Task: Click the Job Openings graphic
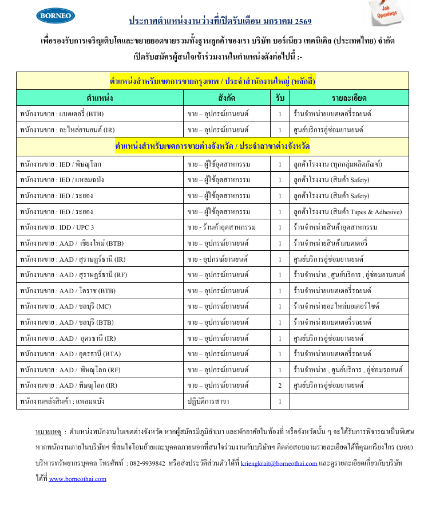[391, 13]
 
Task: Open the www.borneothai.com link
[77, 479]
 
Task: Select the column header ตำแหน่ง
[100, 97]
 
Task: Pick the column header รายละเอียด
[349, 97]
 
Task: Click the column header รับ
[280, 97]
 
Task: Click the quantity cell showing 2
[280, 385]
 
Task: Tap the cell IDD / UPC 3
[57, 227]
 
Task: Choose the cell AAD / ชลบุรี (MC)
[66, 306]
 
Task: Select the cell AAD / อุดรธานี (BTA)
[69, 354]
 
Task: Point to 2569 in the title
[302, 22]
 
